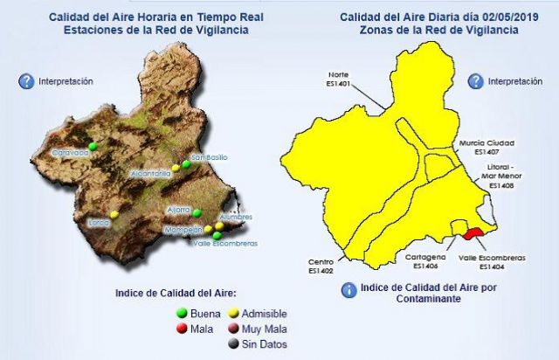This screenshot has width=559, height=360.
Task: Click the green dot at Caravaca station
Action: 92,145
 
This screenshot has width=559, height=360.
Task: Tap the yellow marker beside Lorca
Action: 114,214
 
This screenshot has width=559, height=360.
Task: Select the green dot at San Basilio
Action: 185,163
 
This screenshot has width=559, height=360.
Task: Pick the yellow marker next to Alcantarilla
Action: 176,167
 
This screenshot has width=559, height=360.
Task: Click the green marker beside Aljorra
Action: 197,212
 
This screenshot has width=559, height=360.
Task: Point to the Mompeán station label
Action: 183,230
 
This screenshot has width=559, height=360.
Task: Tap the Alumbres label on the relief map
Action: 236,217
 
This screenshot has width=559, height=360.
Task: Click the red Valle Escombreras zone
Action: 473,233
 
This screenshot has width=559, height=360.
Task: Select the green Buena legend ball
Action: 183,313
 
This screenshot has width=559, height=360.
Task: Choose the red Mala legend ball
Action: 183,329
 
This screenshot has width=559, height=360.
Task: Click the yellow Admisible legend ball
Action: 234,313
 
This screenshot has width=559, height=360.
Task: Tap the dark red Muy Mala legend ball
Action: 234,329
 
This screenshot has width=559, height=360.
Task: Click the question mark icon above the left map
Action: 26,81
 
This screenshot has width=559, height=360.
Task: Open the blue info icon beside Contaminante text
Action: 349,289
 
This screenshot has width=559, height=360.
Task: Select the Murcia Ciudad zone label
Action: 487,142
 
